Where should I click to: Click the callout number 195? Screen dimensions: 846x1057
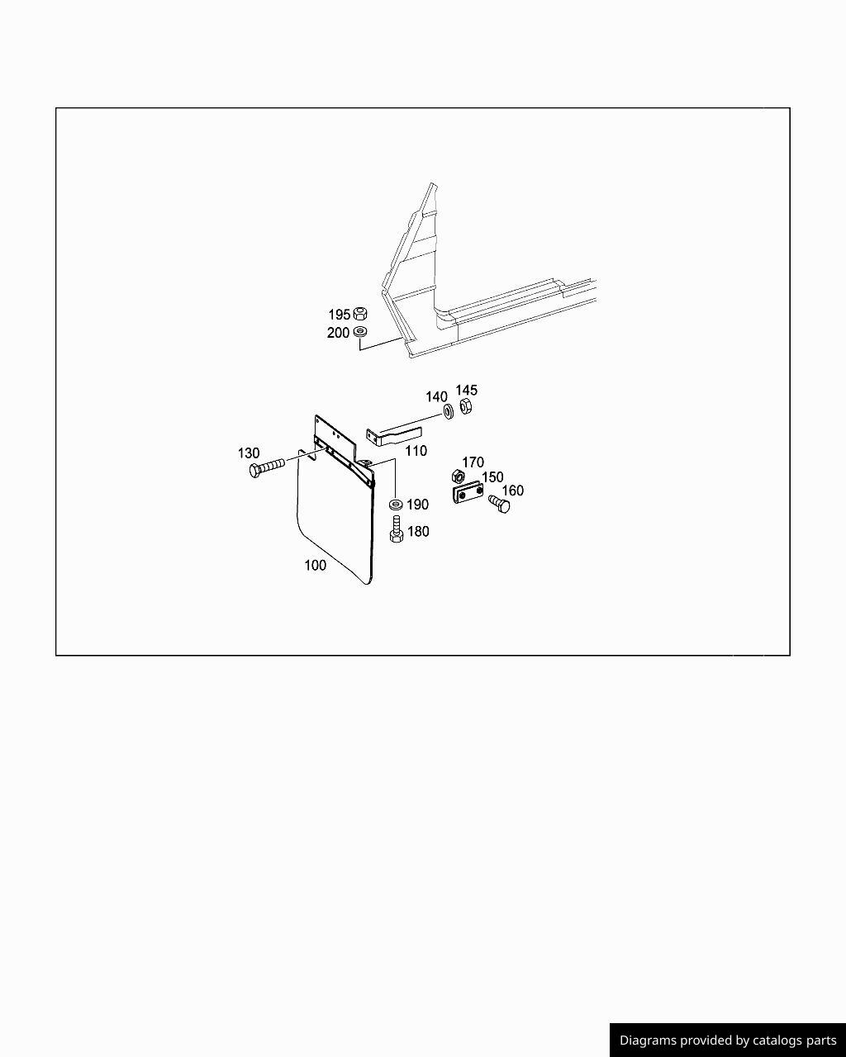point(339,315)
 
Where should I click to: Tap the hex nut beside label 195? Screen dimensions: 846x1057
point(360,312)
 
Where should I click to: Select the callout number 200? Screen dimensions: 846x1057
point(338,333)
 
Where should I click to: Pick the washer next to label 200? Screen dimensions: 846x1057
point(360,331)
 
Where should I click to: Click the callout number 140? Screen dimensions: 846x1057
point(436,397)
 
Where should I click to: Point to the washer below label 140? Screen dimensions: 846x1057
point(449,411)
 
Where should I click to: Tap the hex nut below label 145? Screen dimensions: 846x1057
point(465,406)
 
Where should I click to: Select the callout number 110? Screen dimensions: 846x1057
point(416,451)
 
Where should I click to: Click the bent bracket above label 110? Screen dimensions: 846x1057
point(394,436)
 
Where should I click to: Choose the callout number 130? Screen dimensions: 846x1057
point(248,453)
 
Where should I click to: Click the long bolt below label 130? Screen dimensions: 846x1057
point(267,467)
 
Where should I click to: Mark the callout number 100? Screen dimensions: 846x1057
point(315,566)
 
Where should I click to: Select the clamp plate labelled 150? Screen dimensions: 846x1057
point(468,493)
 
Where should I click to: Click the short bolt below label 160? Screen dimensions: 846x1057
point(499,505)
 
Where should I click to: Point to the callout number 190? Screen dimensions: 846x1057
point(417,505)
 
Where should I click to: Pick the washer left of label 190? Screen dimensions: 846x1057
point(396,504)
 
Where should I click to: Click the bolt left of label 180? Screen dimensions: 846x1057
point(397,529)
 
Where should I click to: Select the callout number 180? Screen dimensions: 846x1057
point(418,532)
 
